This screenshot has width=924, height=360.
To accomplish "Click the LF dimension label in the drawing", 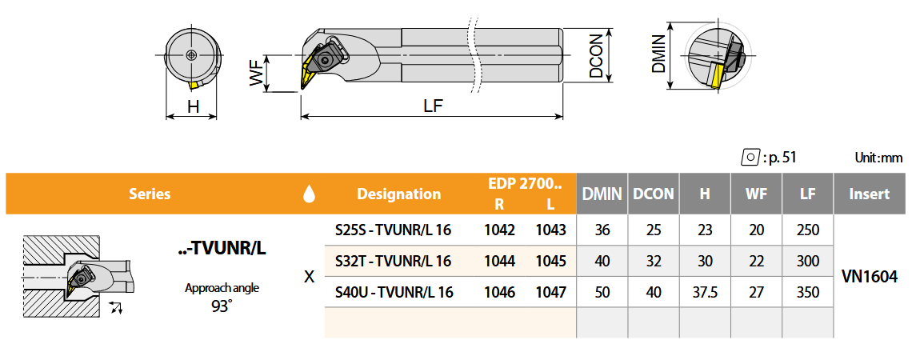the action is point(433,106).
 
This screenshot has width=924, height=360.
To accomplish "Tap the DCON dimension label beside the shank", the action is point(596,55).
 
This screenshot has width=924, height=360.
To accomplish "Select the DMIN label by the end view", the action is point(659,53).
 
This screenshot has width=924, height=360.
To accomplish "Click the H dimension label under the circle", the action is point(193,106).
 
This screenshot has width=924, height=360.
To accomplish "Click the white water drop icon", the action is point(308,194).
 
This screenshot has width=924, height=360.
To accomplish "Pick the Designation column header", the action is point(399,194).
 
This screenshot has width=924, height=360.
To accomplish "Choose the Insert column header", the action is point(869,194).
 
